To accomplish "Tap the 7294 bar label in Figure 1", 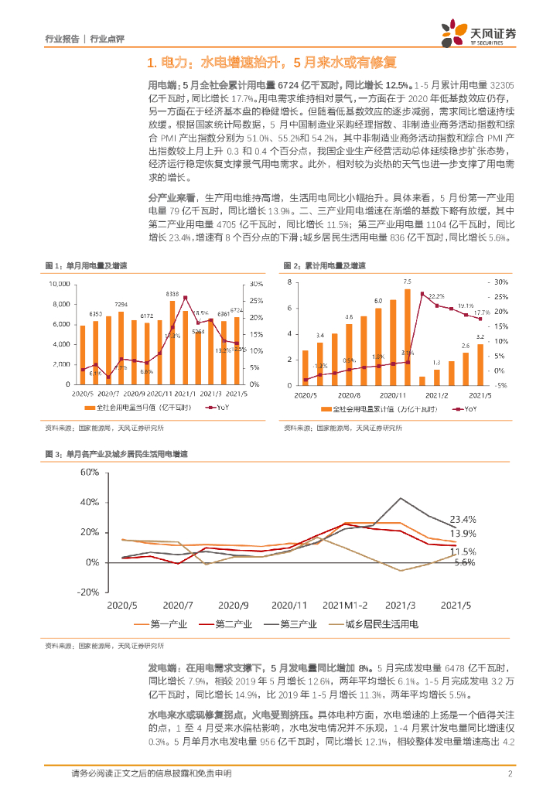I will (x=121, y=305).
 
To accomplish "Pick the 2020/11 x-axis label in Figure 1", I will (x=162, y=394).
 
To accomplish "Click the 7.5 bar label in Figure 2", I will (x=407, y=282).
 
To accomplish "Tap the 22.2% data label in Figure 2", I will (x=436, y=296).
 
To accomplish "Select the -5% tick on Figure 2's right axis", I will (x=500, y=384).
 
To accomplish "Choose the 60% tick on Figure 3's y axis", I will (x=90, y=472).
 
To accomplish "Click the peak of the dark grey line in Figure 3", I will (x=401, y=497).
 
